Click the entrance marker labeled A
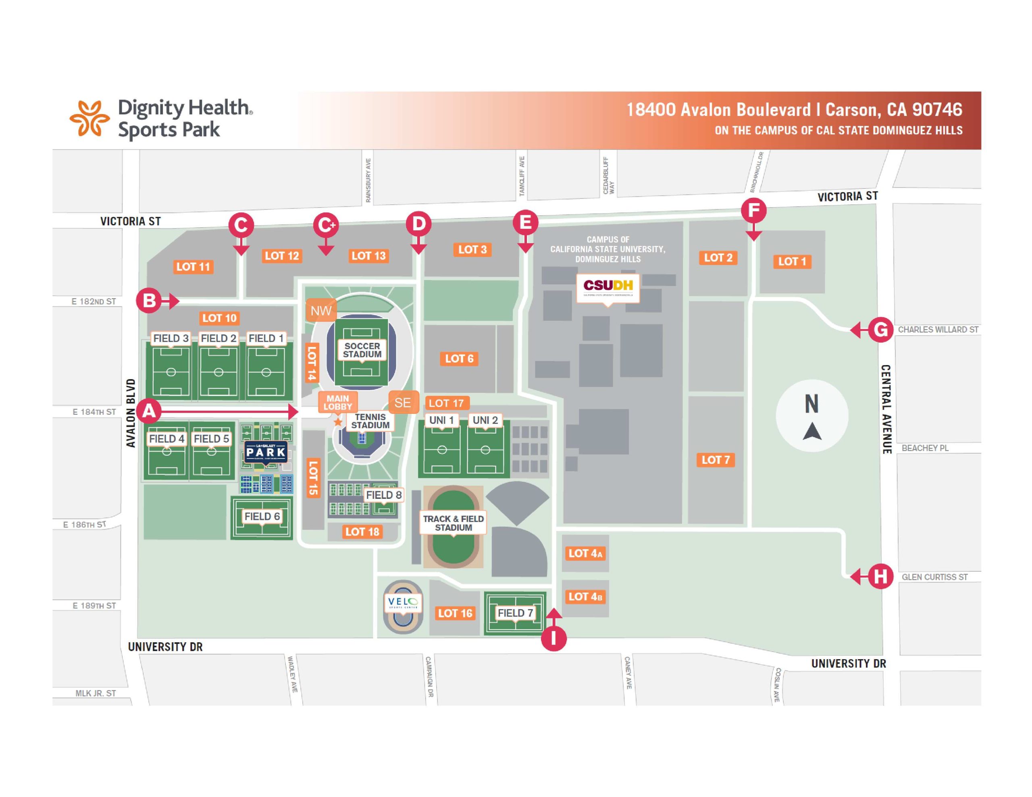[149, 411]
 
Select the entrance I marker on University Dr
[553, 638]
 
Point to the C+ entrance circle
[326, 225]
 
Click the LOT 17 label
[447, 403]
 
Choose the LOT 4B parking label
[585, 597]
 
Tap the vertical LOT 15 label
[313, 477]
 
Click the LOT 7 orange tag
[716, 460]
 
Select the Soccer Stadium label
[362, 350]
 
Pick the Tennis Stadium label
[370, 421]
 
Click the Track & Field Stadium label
[453, 523]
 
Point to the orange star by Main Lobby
[338, 421]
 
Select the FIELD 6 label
[262, 517]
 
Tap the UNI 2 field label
[485, 420]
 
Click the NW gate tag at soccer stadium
[321, 310]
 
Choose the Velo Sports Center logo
[403, 602]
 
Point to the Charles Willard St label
[938, 329]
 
